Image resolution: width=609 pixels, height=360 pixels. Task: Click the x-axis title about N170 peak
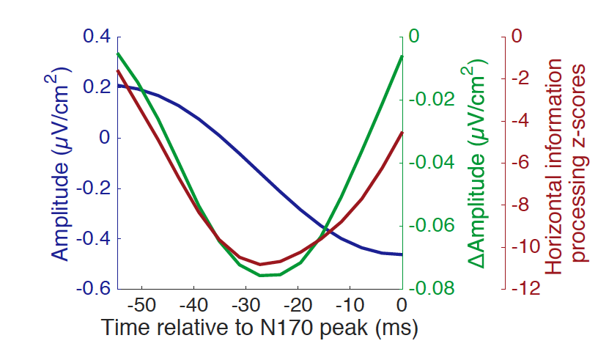pyautogui.click(x=259, y=327)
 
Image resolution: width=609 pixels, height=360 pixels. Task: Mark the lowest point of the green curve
pyautogui.click(x=261, y=275)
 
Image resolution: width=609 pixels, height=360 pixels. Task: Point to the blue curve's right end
pyautogui.click(x=402, y=254)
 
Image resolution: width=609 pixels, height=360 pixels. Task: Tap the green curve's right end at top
pyautogui.click(x=402, y=56)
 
